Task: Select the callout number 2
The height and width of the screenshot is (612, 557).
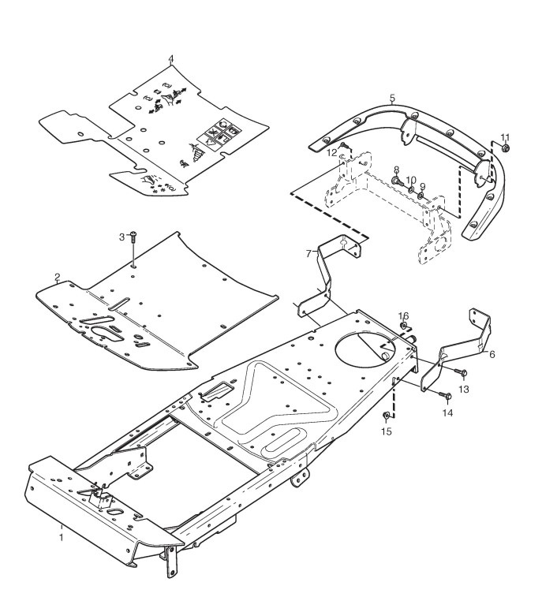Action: (58, 277)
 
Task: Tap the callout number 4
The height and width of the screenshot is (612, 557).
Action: (171, 59)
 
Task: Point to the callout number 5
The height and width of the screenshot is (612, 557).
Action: (392, 98)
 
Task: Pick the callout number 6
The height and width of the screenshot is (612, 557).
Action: (492, 354)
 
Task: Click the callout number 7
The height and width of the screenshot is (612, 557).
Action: (308, 254)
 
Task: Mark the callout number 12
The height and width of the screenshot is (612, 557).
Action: (333, 151)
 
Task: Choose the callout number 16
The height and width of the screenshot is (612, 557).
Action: (403, 315)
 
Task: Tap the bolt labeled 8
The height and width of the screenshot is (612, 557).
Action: (398, 181)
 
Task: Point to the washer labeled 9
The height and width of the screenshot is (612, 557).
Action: (421, 196)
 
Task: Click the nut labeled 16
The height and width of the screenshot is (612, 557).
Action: (404, 324)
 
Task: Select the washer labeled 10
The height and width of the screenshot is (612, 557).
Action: (410, 189)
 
